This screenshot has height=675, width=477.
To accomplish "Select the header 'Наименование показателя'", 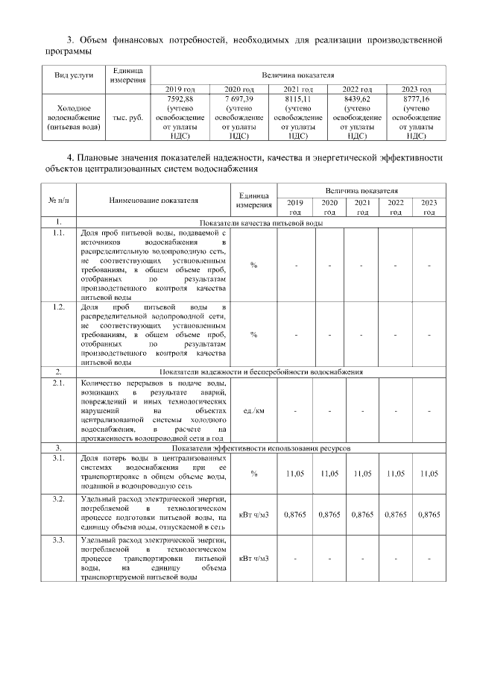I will point(154,200).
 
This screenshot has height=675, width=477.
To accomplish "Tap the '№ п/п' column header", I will point(57,200).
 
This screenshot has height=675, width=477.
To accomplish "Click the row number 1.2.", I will point(57,307).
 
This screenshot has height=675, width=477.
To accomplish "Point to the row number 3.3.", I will point(57,538).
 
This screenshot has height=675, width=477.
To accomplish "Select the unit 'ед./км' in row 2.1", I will point(253,410).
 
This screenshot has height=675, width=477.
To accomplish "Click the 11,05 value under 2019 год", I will point(295,474).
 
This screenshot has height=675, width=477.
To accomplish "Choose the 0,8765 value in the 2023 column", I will point(429,515).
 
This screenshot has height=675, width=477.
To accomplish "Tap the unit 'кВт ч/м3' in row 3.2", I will point(253,515).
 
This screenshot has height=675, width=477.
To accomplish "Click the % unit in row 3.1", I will point(253,474).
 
